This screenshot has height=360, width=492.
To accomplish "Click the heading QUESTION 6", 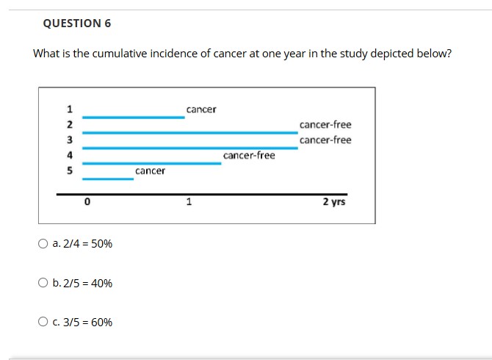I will (77, 24).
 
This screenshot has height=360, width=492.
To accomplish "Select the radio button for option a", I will (43, 244).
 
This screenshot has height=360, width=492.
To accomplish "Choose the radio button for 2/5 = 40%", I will (43, 283).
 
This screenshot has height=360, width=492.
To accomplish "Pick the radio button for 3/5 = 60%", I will (43, 322).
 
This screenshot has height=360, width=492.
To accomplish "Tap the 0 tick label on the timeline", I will (87, 201).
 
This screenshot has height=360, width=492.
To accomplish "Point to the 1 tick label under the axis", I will (189, 201).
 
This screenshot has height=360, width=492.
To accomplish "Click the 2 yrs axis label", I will (333, 201).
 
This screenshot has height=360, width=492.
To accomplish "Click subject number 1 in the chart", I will (70, 110).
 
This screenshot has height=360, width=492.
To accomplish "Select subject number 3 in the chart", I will (70, 140).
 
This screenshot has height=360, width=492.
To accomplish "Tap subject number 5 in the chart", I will (70, 170).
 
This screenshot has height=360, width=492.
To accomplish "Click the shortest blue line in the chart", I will (107, 178).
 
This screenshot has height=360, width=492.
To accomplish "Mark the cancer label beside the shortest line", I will (150, 170).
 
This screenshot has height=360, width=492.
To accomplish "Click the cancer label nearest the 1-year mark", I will (201, 109).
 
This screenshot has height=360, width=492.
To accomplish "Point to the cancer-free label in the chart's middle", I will (249, 155).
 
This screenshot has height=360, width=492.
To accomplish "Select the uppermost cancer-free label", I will (325, 125).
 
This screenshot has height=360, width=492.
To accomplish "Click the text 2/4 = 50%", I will (82, 244).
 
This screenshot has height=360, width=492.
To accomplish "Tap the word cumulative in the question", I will (117, 54).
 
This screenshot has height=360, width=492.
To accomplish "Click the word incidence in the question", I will (171, 54).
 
